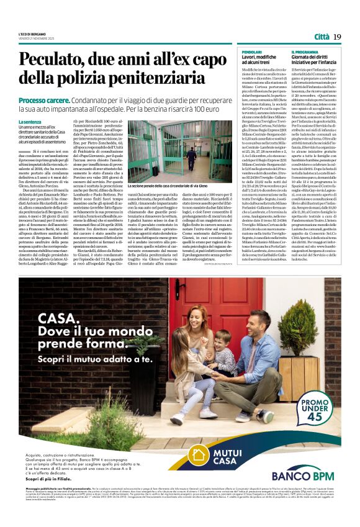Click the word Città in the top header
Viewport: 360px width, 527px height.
coord(321,37)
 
